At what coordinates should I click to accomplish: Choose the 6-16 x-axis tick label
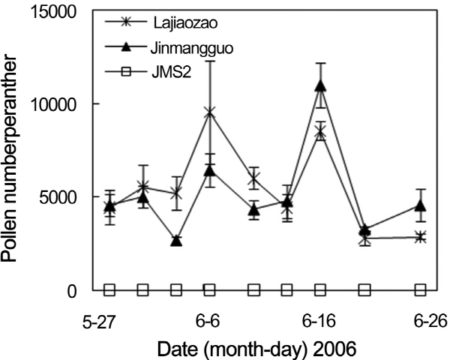320,322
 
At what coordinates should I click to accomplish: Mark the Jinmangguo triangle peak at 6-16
320,85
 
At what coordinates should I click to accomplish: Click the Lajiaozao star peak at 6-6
210,112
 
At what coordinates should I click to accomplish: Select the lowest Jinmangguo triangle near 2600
176,241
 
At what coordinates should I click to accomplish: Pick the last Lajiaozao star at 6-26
420,237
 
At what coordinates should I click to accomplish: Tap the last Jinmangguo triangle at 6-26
420,205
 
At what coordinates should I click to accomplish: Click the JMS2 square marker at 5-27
109,289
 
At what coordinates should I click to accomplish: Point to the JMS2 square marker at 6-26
420,289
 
